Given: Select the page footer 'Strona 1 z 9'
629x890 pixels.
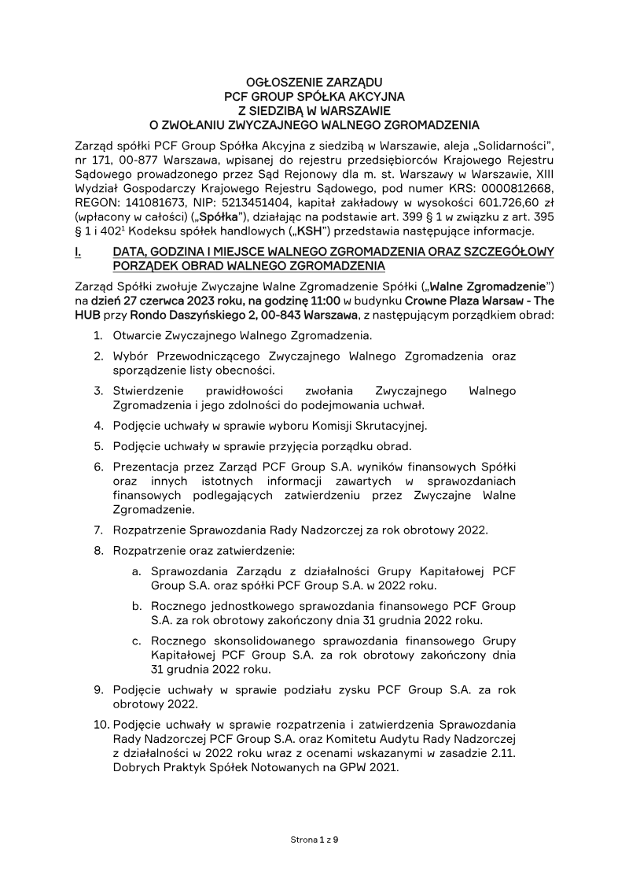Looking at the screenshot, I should pos(314,840).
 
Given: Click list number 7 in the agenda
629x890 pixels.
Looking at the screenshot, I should pos(99,529).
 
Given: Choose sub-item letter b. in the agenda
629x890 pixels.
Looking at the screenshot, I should pos(137,606).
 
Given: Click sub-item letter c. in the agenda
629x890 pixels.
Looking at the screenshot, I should pos(137,641).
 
